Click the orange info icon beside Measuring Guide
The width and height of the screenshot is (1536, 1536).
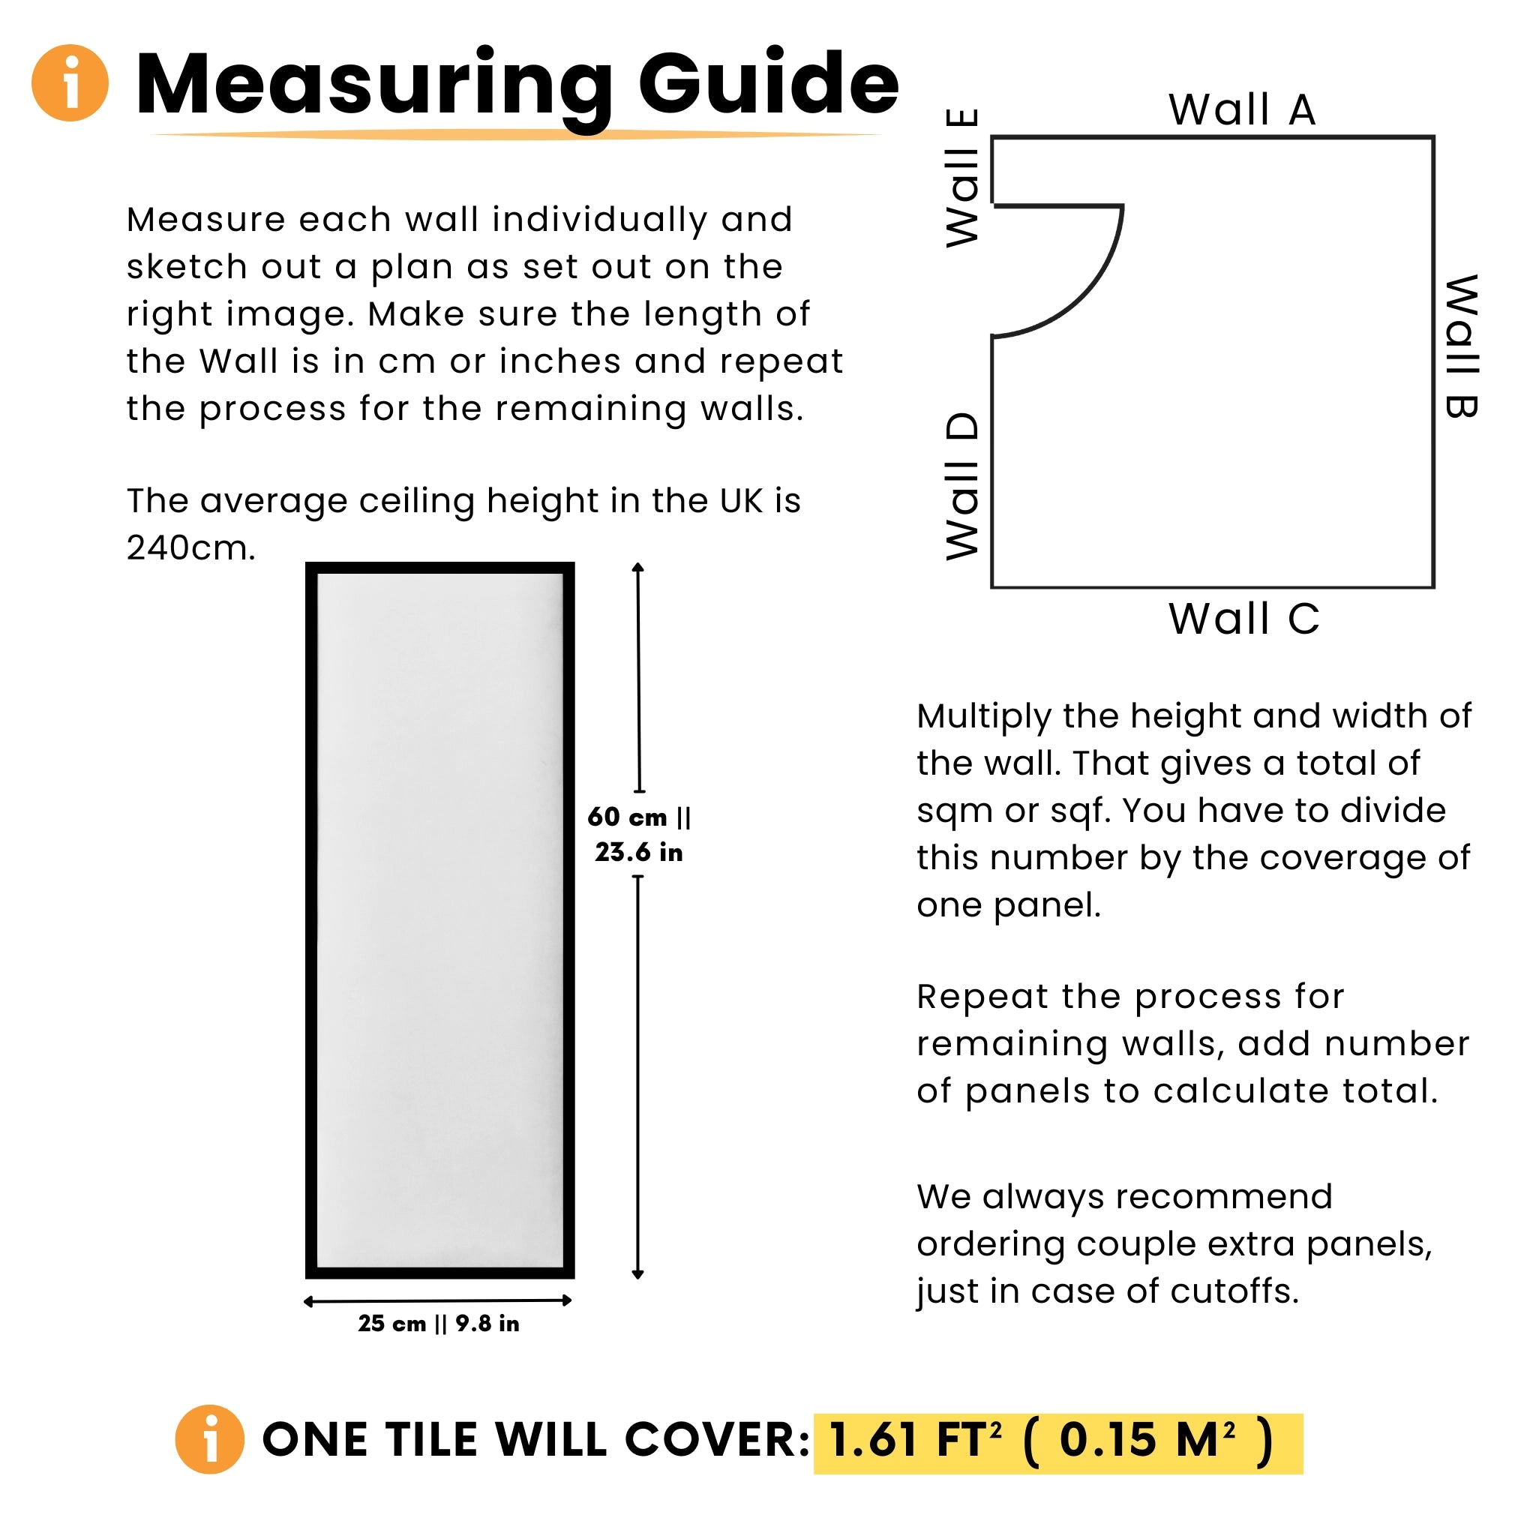[x=70, y=82]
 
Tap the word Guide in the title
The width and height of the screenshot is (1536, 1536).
[x=768, y=84]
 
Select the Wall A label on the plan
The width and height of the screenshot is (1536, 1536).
[x=1241, y=109]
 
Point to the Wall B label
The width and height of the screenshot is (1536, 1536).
[x=1461, y=346]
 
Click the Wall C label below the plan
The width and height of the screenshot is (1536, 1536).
[x=1244, y=619]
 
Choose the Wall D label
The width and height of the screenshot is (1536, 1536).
[x=963, y=486]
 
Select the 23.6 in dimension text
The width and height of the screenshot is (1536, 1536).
[x=638, y=852]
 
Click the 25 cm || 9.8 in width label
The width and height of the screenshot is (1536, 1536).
[x=439, y=1323]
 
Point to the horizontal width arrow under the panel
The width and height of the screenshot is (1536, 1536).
[x=438, y=1300]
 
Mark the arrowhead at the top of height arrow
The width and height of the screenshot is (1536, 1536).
[x=637, y=568]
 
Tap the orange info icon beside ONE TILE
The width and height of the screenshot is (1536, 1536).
[x=210, y=1440]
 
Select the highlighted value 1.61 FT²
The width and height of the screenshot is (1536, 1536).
[x=914, y=1440]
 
